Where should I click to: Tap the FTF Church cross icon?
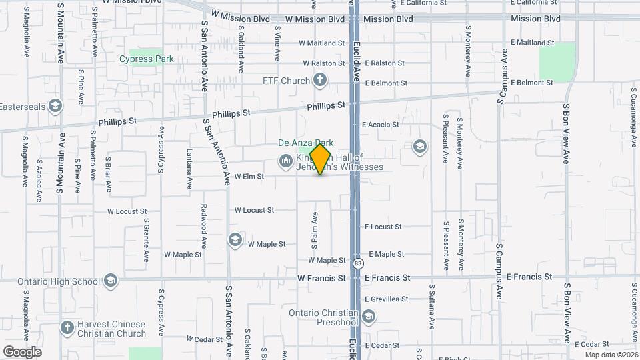click(320, 81)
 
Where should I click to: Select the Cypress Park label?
click(147, 59)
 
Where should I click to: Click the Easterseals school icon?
click(55, 106)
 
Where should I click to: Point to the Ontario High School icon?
click(111, 280)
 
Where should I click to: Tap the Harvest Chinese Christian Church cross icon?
click(67, 328)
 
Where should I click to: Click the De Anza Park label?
click(305, 143)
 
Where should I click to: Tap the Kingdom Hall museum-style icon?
click(285, 161)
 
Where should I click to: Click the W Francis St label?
click(321, 277)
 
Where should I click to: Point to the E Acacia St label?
click(380, 125)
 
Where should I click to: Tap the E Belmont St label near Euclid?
click(385, 83)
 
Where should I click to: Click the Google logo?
click(22, 351)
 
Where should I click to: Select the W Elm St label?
click(249, 177)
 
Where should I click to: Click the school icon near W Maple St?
click(235, 240)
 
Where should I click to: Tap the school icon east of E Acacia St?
click(419, 145)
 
